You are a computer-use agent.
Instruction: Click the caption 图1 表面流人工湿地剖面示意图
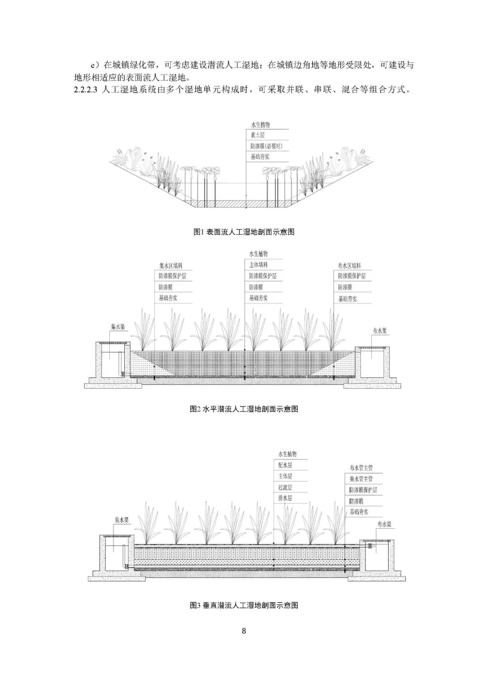pyautogui.click(x=244, y=232)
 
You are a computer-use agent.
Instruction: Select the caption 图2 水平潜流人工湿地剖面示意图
pyautogui.click(x=244, y=409)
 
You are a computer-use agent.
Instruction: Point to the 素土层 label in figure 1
pyautogui.click(x=258, y=135)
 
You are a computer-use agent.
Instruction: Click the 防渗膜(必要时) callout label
pyautogui.click(x=267, y=146)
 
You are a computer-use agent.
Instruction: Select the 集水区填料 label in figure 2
pyautogui.click(x=171, y=265)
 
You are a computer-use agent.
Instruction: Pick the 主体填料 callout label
pyautogui.click(x=258, y=265)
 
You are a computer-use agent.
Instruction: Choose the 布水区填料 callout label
pyautogui.click(x=349, y=265)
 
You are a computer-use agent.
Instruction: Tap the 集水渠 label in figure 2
pyautogui.click(x=118, y=327)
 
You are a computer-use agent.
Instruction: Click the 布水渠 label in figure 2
pyautogui.click(x=380, y=330)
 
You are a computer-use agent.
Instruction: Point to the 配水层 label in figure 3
pyautogui.click(x=285, y=465)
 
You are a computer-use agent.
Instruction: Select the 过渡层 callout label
pyautogui.click(x=285, y=487)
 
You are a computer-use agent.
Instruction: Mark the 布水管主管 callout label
pyautogui.click(x=361, y=468)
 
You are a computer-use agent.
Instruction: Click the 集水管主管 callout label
pyautogui.click(x=361, y=479)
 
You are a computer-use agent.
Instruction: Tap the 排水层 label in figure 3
pyautogui.click(x=285, y=498)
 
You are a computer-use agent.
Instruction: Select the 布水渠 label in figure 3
pyautogui.click(x=384, y=524)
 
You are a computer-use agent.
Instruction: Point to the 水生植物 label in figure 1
pyautogui.click(x=260, y=125)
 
